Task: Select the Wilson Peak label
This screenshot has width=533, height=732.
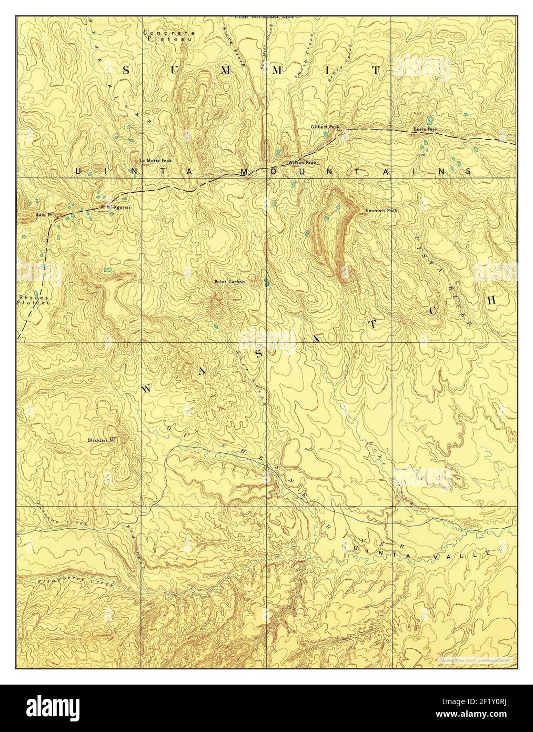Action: click(301, 163)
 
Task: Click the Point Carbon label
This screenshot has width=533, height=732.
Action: click(229, 282)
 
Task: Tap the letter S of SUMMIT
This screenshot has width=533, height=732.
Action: click(127, 69)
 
